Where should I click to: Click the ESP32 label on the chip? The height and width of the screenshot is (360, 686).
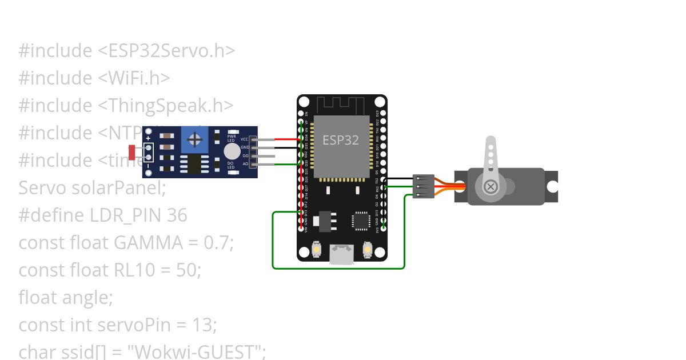[341, 140]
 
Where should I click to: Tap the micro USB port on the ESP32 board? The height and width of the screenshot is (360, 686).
[342, 255]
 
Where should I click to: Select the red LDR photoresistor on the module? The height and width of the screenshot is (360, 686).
[132, 152]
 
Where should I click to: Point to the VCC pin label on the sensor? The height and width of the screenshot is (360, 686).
[244, 139]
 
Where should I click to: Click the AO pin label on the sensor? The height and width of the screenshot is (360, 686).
[245, 164]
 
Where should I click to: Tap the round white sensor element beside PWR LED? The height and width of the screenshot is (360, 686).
[232, 151]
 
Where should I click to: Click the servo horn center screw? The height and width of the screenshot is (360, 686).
[490, 186]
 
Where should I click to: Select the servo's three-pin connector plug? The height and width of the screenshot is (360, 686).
[423, 186]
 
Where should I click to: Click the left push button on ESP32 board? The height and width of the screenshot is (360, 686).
[317, 250]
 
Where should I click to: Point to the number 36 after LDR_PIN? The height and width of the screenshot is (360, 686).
[177, 215]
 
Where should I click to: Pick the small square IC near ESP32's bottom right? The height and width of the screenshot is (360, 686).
[361, 220]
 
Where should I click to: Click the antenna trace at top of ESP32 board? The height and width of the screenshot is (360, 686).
[341, 105]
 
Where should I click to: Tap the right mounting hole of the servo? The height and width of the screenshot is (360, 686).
[552, 186]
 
